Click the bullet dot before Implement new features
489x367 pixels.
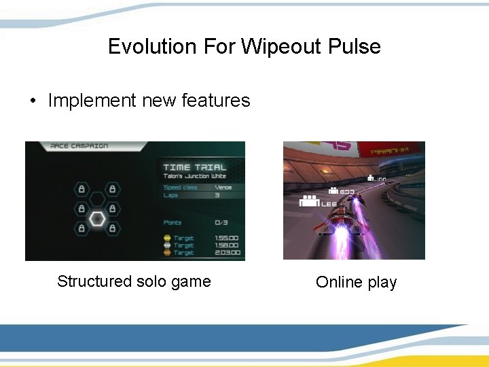point(32,101)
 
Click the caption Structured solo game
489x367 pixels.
point(134,281)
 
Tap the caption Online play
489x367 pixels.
point(356,282)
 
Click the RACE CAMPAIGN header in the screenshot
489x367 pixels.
point(79,146)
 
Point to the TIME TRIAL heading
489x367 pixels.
point(195,167)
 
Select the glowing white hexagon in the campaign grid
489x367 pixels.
point(98,219)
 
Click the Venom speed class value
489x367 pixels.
point(223,188)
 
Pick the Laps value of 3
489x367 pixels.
point(217,195)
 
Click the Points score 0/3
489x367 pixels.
point(221,222)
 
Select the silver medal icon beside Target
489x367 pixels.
point(167,245)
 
